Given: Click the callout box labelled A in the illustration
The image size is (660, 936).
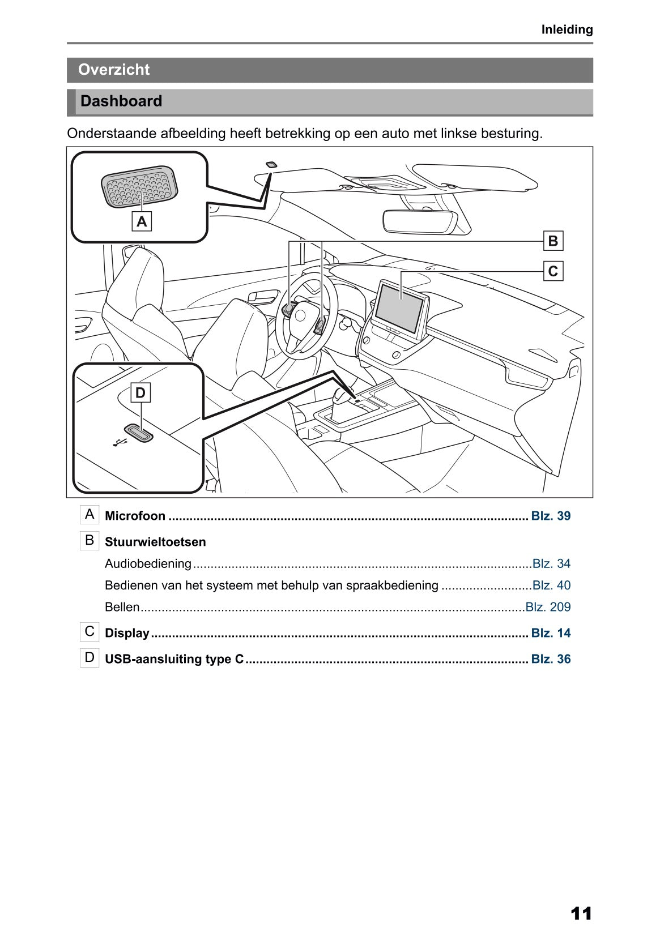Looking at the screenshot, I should pyautogui.click(x=142, y=221).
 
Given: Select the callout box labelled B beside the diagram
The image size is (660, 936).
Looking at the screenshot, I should pyautogui.click(x=553, y=241).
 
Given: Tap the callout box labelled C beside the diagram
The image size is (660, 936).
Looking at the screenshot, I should pyautogui.click(x=553, y=271).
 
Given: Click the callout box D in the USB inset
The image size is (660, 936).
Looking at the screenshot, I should pyautogui.click(x=140, y=392).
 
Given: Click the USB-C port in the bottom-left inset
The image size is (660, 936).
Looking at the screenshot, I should pyautogui.click(x=139, y=433).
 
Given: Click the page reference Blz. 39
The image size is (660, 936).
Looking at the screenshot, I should pyautogui.click(x=551, y=516).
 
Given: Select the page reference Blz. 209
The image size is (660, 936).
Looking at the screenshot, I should pyautogui.click(x=548, y=607).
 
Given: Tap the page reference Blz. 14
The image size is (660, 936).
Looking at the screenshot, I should pyautogui.click(x=551, y=633).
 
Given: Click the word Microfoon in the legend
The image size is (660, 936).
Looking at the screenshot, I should pyautogui.click(x=135, y=516).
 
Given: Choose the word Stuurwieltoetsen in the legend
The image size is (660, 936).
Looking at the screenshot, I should pyautogui.click(x=155, y=542).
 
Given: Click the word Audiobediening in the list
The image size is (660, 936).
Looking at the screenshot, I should pyautogui.click(x=148, y=563).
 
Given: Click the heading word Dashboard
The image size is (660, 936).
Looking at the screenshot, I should pyautogui.click(x=121, y=101).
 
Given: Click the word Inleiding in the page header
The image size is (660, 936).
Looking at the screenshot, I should pyautogui.click(x=567, y=29).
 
